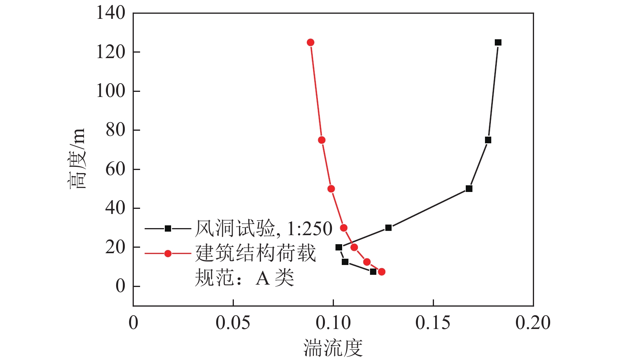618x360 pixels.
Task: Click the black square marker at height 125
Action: point(498,42)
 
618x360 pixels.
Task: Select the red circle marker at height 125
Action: point(310,42)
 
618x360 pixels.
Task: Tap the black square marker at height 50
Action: point(469,189)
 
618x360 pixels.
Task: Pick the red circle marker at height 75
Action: point(322,140)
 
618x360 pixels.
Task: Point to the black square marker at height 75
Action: point(488,140)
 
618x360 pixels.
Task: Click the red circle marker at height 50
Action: point(331,189)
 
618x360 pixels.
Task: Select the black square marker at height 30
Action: point(388,228)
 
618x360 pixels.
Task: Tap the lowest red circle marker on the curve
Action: point(381,272)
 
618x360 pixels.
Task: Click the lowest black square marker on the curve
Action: point(373,272)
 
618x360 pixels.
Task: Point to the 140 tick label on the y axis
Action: point(111,13)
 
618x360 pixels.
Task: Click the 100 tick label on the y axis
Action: point(111,91)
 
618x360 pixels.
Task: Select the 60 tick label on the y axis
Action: point(115,169)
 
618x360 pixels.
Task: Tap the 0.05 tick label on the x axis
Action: point(233,323)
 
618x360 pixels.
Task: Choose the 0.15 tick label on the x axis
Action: point(433,323)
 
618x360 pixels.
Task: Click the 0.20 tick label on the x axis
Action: point(533,323)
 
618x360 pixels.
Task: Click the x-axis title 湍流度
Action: point(333,348)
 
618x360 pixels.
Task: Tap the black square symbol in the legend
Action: point(168,228)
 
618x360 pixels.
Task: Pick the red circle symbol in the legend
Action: point(168,254)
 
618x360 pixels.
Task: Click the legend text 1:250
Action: point(310,229)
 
